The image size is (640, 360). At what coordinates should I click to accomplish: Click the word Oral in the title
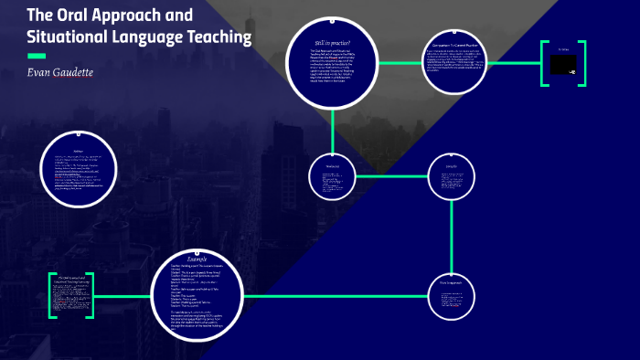click(x=79, y=15)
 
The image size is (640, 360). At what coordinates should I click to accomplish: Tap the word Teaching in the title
click(x=219, y=37)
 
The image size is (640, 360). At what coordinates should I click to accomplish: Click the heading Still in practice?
click(x=332, y=43)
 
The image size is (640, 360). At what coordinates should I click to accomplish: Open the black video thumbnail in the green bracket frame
click(x=559, y=63)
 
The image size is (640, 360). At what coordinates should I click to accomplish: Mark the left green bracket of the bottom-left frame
click(x=52, y=295)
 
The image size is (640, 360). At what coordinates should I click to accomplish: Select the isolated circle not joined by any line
click(x=79, y=171)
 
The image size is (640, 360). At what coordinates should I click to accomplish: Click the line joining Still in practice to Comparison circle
click(x=400, y=63)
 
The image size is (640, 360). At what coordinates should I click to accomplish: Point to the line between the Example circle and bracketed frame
click(x=123, y=296)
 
